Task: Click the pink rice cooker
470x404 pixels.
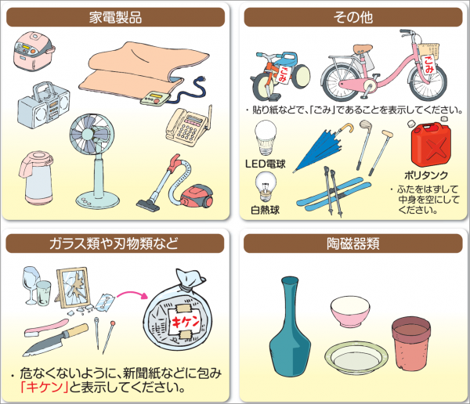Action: click(x=34, y=51)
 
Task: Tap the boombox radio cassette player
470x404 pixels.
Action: click(x=43, y=106)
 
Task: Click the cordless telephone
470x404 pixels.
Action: click(x=189, y=126)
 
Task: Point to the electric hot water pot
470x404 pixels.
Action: click(x=37, y=178)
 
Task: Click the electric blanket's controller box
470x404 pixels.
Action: click(x=155, y=99)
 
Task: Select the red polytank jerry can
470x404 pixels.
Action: click(x=431, y=144)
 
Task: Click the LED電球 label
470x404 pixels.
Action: click(x=266, y=164)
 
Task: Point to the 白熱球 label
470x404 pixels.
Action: click(x=266, y=210)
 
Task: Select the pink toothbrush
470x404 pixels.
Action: click(x=46, y=327)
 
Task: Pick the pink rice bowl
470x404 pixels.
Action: click(x=350, y=311)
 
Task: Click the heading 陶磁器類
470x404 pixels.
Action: click(x=353, y=243)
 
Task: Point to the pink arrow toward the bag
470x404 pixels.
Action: click(x=132, y=294)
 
